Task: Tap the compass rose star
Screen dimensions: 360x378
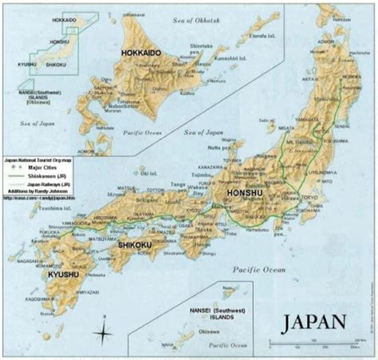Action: click(103, 332)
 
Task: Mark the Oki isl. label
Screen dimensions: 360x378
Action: click(147, 172)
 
